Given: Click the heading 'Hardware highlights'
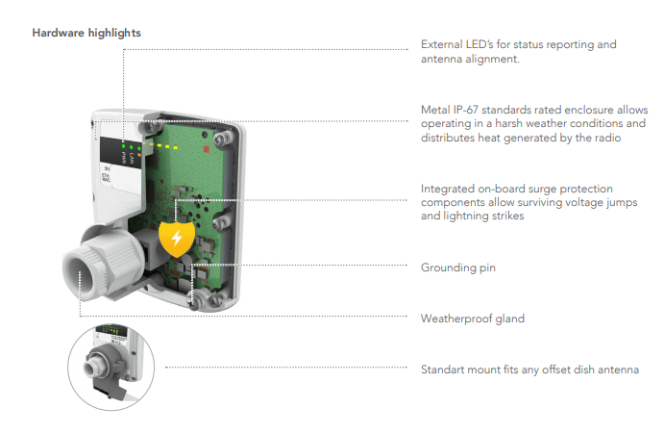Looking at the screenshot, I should tap(86, 33).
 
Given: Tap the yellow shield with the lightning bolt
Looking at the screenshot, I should tap(176, 240).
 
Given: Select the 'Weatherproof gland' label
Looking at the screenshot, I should tap(473, 318).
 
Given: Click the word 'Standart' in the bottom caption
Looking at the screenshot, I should tap(445, 369).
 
